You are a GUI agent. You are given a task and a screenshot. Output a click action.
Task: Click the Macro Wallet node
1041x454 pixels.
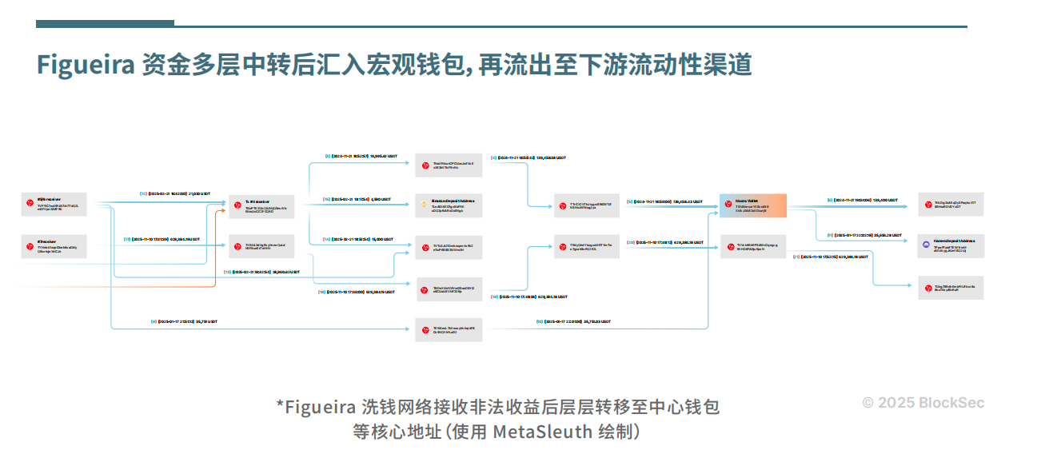[x=752, y=205]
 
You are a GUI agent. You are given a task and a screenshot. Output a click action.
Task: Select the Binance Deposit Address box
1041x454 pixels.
[x=449, y=205]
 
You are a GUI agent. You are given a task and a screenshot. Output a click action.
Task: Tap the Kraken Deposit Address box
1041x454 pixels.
[x=951, y=244]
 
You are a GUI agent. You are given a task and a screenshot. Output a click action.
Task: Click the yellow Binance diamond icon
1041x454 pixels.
[x=425, y=205]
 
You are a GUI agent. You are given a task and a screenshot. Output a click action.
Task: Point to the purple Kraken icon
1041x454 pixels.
[x=927, y=244]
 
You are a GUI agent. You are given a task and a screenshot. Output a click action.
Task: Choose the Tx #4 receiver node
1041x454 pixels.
[x=261, y=206]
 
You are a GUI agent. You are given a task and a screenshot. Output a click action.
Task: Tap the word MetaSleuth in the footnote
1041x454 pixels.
[x=541, y=432]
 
